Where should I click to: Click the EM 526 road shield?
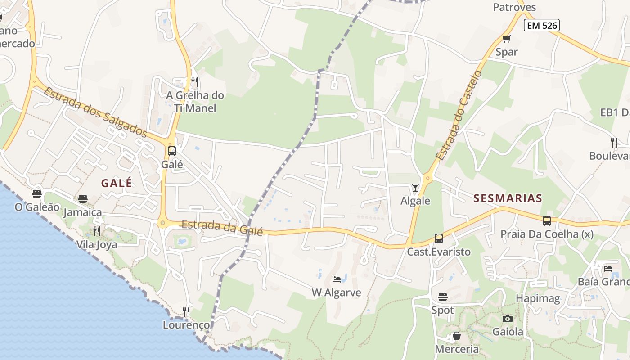[x=542, y=26]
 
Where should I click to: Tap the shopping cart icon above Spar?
[x=506, y=39]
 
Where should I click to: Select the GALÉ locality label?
[x=117, y=183]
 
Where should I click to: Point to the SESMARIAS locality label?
[x=508, y=198]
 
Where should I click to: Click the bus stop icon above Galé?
[x=172, y=151]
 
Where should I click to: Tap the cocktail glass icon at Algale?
[x=415, y=188]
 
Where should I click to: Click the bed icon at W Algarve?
[x=337, y=279]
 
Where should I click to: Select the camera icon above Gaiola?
[x=508, y=319]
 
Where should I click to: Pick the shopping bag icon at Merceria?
[x=457, y=336]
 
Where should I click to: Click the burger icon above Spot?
[x=443, y=297]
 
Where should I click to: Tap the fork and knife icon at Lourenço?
[x=186, y=311]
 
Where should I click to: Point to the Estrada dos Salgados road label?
[x=95, y=112]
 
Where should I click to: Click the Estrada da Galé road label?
[x=222, y=228]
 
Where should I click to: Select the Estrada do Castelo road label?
[x=459, y=115]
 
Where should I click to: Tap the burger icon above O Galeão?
[x=37, y=194]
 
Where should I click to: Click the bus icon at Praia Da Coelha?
[x=547, y=221]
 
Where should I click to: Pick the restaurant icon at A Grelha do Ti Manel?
[x=195, y=82]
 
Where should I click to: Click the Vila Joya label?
[x=97, y=245]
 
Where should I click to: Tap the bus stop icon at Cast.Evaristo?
[x=439, y=238]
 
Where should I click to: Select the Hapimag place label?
[x=538, y=298]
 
